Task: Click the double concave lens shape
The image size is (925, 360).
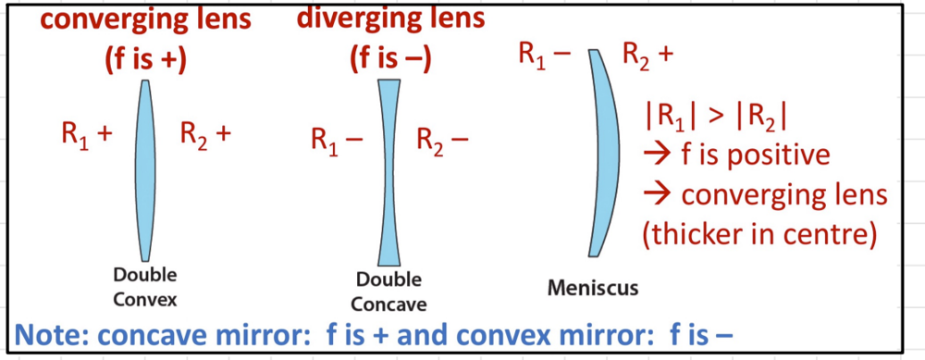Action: (388, 171)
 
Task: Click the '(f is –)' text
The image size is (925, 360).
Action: (389, 58)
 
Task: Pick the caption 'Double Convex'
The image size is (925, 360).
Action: (145, 287)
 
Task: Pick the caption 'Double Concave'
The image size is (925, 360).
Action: (388, 292)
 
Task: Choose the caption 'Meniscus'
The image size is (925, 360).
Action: (593, 288)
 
